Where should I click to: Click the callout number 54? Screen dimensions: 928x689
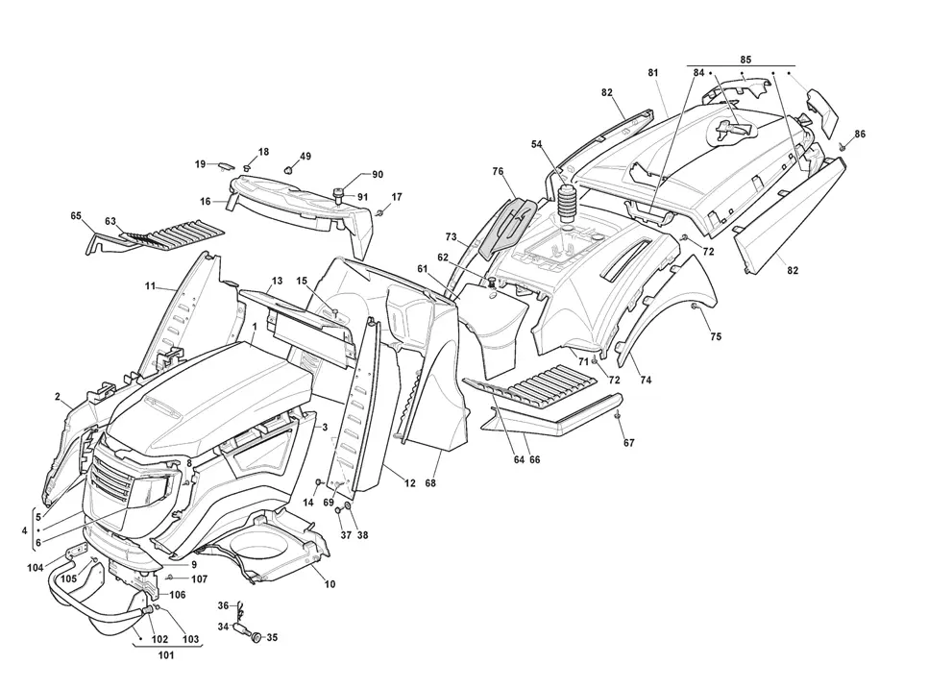(x=536, y=144)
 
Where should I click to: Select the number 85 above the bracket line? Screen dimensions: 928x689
(x=745, y=60)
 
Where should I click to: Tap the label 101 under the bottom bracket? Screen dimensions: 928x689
(x=166, y=655)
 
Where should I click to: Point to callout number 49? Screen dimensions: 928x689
(x=305, y=157)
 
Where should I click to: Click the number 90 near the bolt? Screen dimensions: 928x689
(x=378, y=174)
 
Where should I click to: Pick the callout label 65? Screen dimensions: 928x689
(x=76, y=216)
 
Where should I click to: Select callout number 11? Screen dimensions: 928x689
(x=150, y=286)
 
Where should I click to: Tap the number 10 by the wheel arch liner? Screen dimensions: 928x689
(x=330, y=584)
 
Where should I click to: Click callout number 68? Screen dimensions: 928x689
(x=430, y=483)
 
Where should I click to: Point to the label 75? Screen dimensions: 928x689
(x=716, y=336)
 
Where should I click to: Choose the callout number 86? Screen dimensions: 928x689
(x=860, y=134)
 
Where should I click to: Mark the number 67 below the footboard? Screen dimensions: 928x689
(x=628, y=442)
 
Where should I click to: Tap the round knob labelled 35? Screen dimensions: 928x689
(x=257, y=637)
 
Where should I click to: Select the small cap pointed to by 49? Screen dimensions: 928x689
(x=289, y=170)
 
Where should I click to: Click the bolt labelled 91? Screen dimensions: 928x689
(x=340, y=195)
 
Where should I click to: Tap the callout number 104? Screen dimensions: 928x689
(x=36, y=568)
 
